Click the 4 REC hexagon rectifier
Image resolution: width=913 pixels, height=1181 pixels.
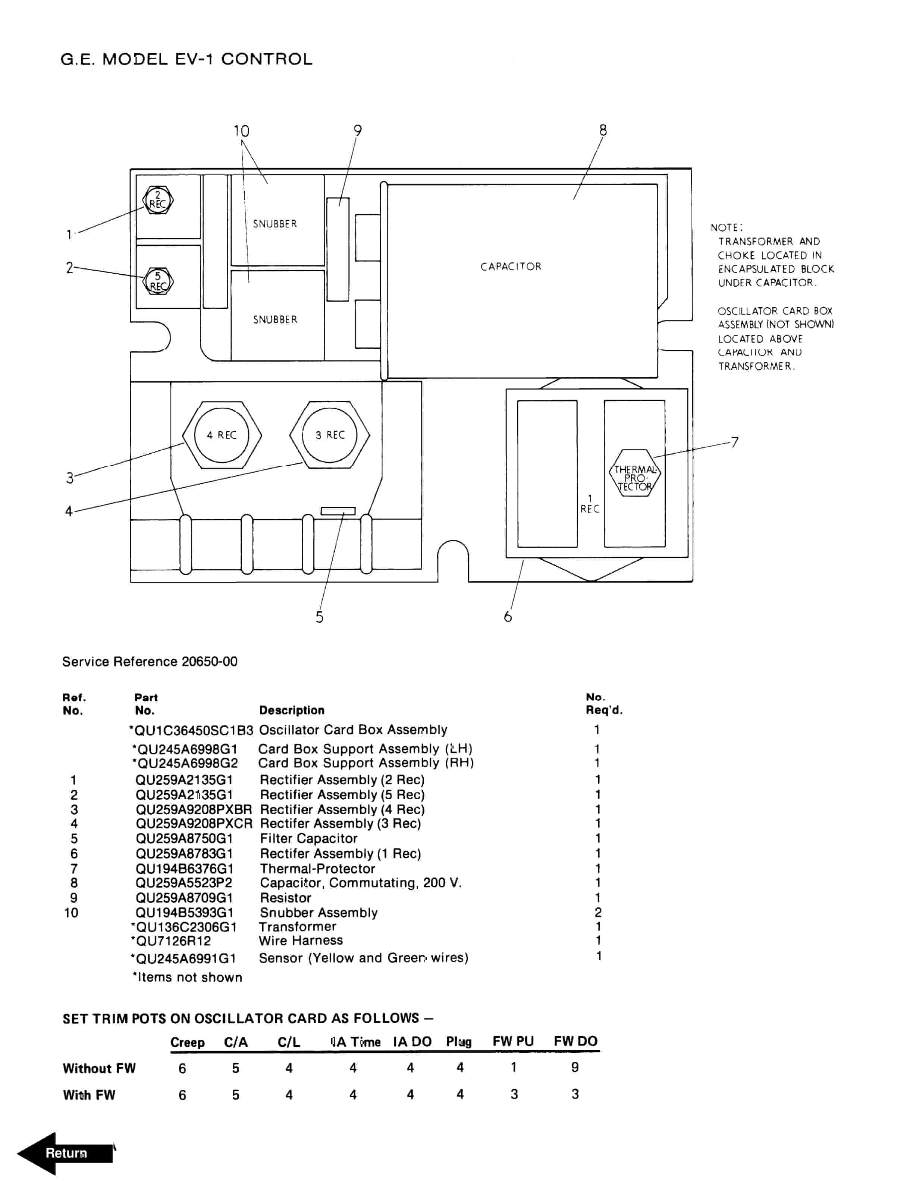coord(222,435)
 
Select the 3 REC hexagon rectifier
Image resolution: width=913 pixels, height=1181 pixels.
coord(329,435)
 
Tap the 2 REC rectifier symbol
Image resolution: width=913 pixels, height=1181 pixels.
coord(158,201)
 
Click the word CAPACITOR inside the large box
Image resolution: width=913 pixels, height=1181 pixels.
coord(511,267)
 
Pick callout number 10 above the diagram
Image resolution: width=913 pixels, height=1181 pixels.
coord(241,131)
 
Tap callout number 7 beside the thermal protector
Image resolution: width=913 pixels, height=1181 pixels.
coord(734,443)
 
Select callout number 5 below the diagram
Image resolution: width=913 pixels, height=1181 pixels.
coord(320,617)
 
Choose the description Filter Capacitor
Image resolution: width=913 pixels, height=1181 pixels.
coord(308,839)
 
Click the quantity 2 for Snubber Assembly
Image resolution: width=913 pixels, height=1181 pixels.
coord(598,913)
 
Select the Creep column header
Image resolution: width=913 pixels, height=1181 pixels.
coord(187,1042)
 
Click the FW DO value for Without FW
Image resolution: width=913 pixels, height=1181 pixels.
coord(575,1067)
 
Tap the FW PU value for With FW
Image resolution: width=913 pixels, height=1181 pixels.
coord(514,1095)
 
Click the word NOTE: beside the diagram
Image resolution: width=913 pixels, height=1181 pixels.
coord(727,228)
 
